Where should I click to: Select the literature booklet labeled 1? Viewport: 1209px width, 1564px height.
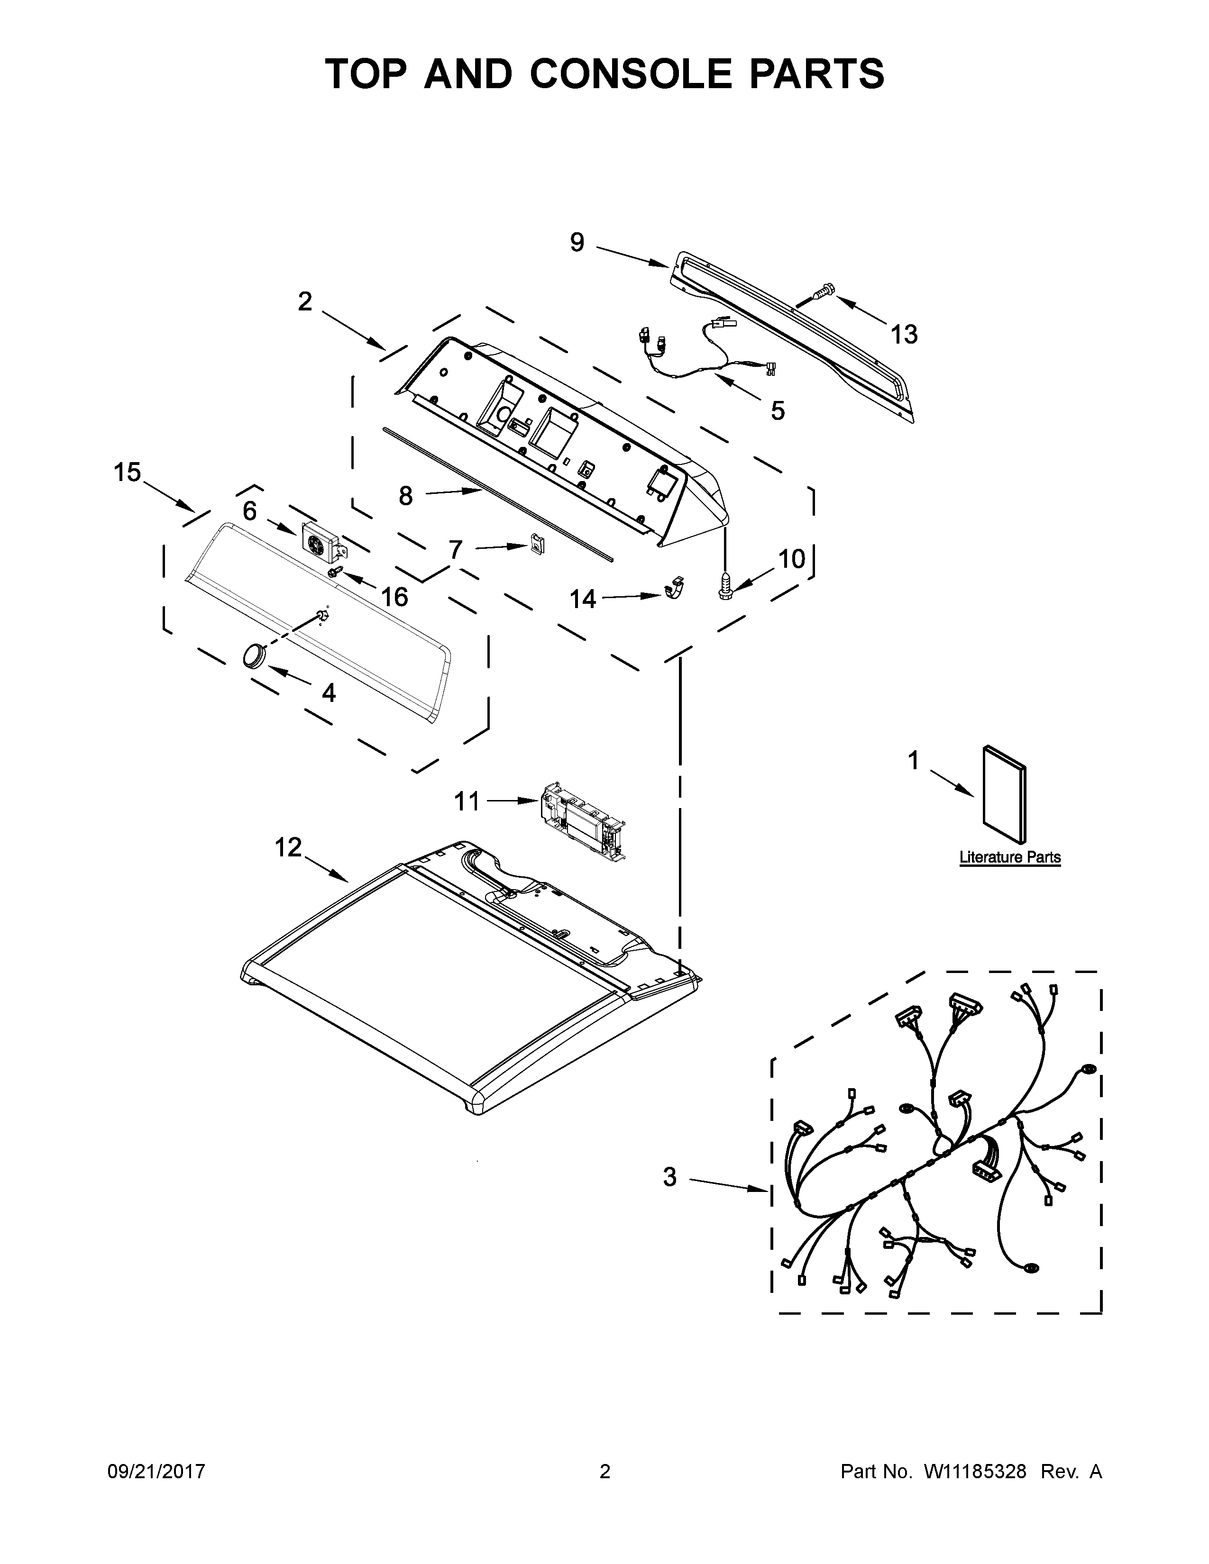point(1004,794)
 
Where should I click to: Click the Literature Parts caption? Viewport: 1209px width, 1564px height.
point(1010,857)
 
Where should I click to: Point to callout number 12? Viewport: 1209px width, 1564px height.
point(289,847)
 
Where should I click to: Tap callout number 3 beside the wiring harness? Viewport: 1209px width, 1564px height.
point(669,1177)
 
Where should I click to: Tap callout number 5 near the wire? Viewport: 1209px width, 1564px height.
point(778,410)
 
